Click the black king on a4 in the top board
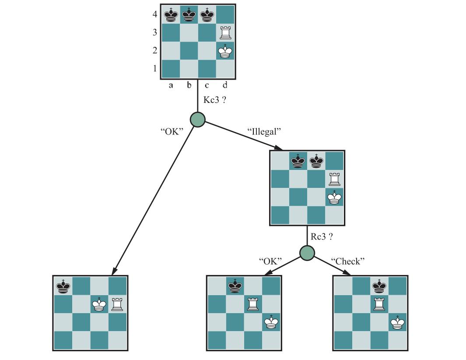171,15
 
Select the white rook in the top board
225,32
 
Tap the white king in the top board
225,51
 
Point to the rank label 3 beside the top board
155,32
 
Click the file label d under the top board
225,85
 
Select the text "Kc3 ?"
214,100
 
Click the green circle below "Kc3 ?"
198,120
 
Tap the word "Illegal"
264,131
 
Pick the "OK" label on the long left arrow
172,131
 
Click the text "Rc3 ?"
322,236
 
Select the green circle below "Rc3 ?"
307,253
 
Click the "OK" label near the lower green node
270,261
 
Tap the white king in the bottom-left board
99,304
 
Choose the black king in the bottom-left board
63,286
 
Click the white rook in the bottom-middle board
253,304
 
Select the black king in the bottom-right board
379,286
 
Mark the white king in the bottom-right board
398,322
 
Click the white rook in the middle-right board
335,179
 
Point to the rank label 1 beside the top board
155,68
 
